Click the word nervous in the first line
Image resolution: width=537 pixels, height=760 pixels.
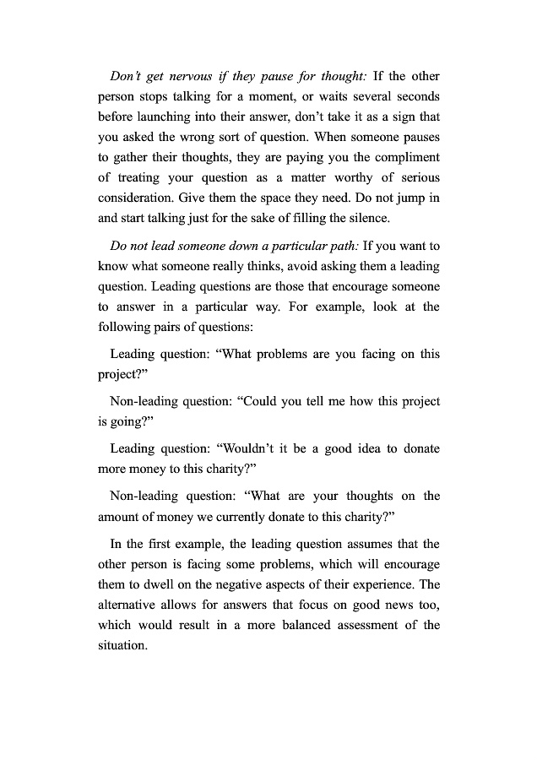(176, 75)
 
